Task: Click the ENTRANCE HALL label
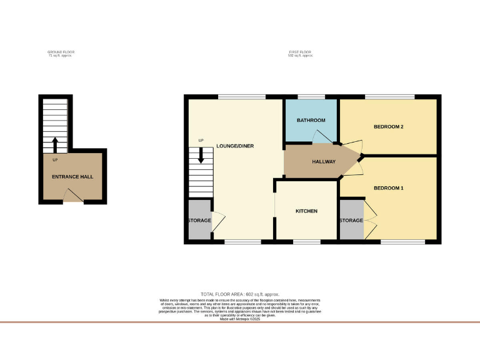(72, 177)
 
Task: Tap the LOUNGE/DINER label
(235, 146)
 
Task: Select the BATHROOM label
(311, 120)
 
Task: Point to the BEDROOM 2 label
(388, 127)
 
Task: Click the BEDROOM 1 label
(388, 188)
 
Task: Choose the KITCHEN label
(306, 211)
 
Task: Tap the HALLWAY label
(324, 162)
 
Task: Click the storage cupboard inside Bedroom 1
(351, 220)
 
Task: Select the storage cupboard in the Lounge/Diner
(199, 220)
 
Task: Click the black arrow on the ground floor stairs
(54, 145)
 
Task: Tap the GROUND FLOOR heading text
(60, 54)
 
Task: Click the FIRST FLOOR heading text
(300, 54)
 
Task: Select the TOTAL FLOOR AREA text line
(239, 294)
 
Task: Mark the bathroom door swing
(325, 137)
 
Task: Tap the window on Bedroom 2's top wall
(390, 97)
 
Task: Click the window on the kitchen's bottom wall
(306, 241)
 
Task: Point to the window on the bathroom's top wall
(311, 97)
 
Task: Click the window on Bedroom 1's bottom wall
(399, 241)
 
